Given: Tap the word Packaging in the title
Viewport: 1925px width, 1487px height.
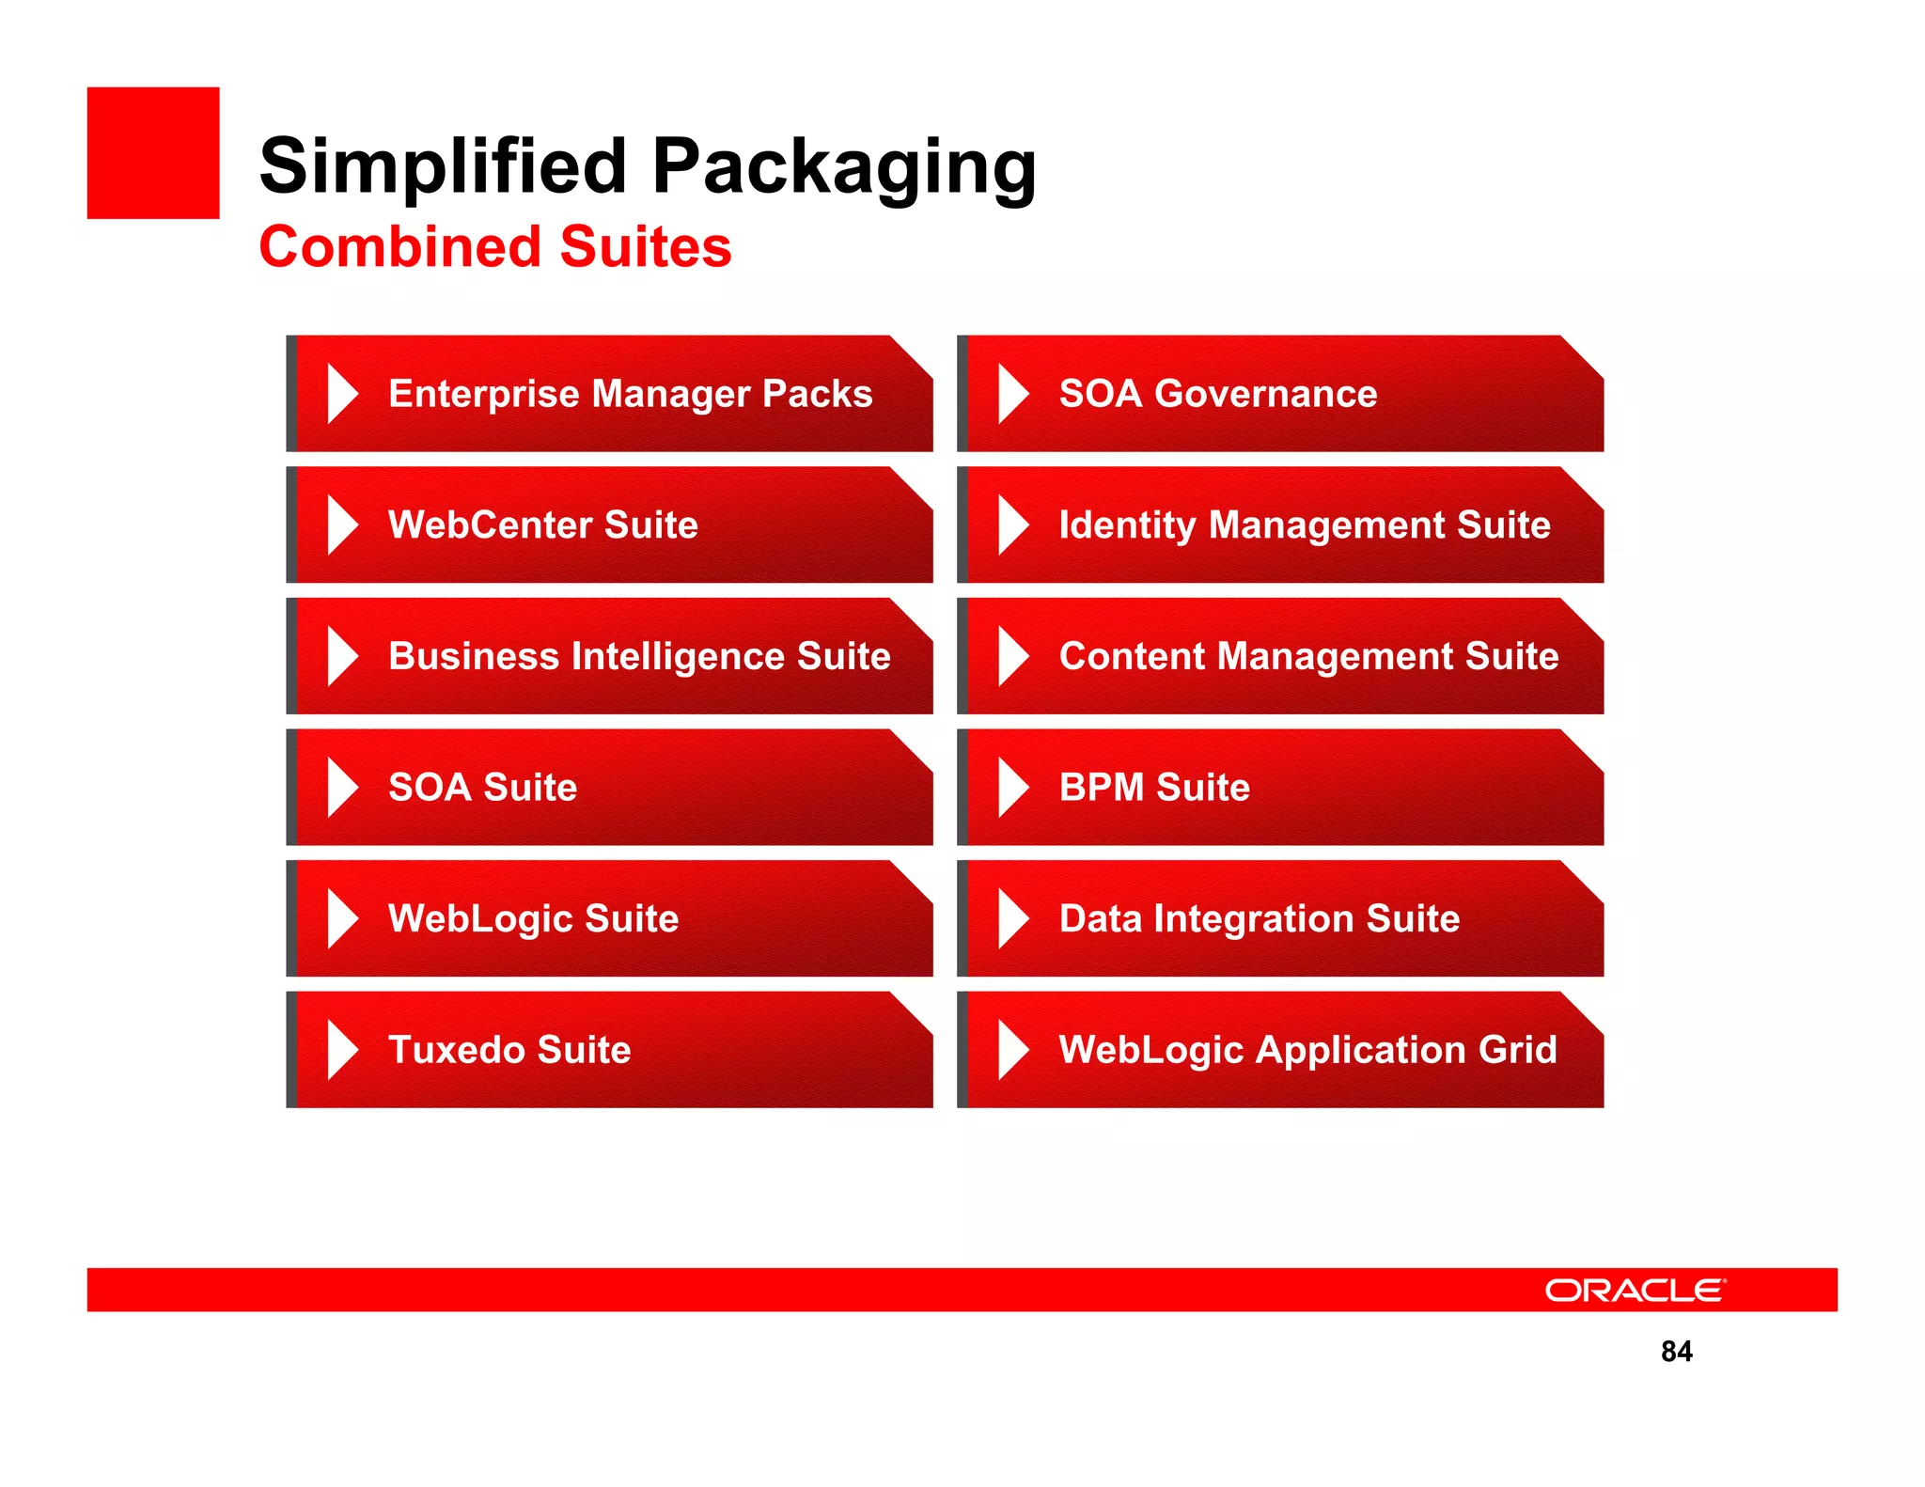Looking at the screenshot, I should (x=843, y=167).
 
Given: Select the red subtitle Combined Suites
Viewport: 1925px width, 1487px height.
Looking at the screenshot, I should (x=494, y=246).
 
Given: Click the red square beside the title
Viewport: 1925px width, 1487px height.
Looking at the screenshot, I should (x=153, y=153).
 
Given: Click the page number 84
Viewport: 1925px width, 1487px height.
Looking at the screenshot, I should (x=1676, y=1351).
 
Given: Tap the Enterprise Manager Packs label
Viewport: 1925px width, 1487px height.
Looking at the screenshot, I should (x=630, y=393).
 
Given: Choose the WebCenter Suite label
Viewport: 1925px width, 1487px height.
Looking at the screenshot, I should (x=542, y=524).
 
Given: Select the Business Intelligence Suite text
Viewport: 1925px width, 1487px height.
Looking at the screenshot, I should (x=639, y=655).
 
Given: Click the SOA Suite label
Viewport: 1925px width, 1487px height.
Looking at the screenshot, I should (x=482, y=787).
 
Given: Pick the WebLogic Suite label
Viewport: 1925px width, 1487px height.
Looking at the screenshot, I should (x=533, y=917).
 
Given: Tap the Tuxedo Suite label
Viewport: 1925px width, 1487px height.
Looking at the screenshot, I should (x=509, y=1049).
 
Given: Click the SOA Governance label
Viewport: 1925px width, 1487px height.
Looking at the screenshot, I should (x=1217, y=393).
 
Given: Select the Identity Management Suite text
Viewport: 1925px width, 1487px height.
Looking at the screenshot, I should (x=1304, y=524).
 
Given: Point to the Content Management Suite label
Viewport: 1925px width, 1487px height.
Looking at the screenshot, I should (x=1307, y=655).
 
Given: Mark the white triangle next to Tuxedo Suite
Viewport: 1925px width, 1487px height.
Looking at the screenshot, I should (x=340, y=1049).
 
